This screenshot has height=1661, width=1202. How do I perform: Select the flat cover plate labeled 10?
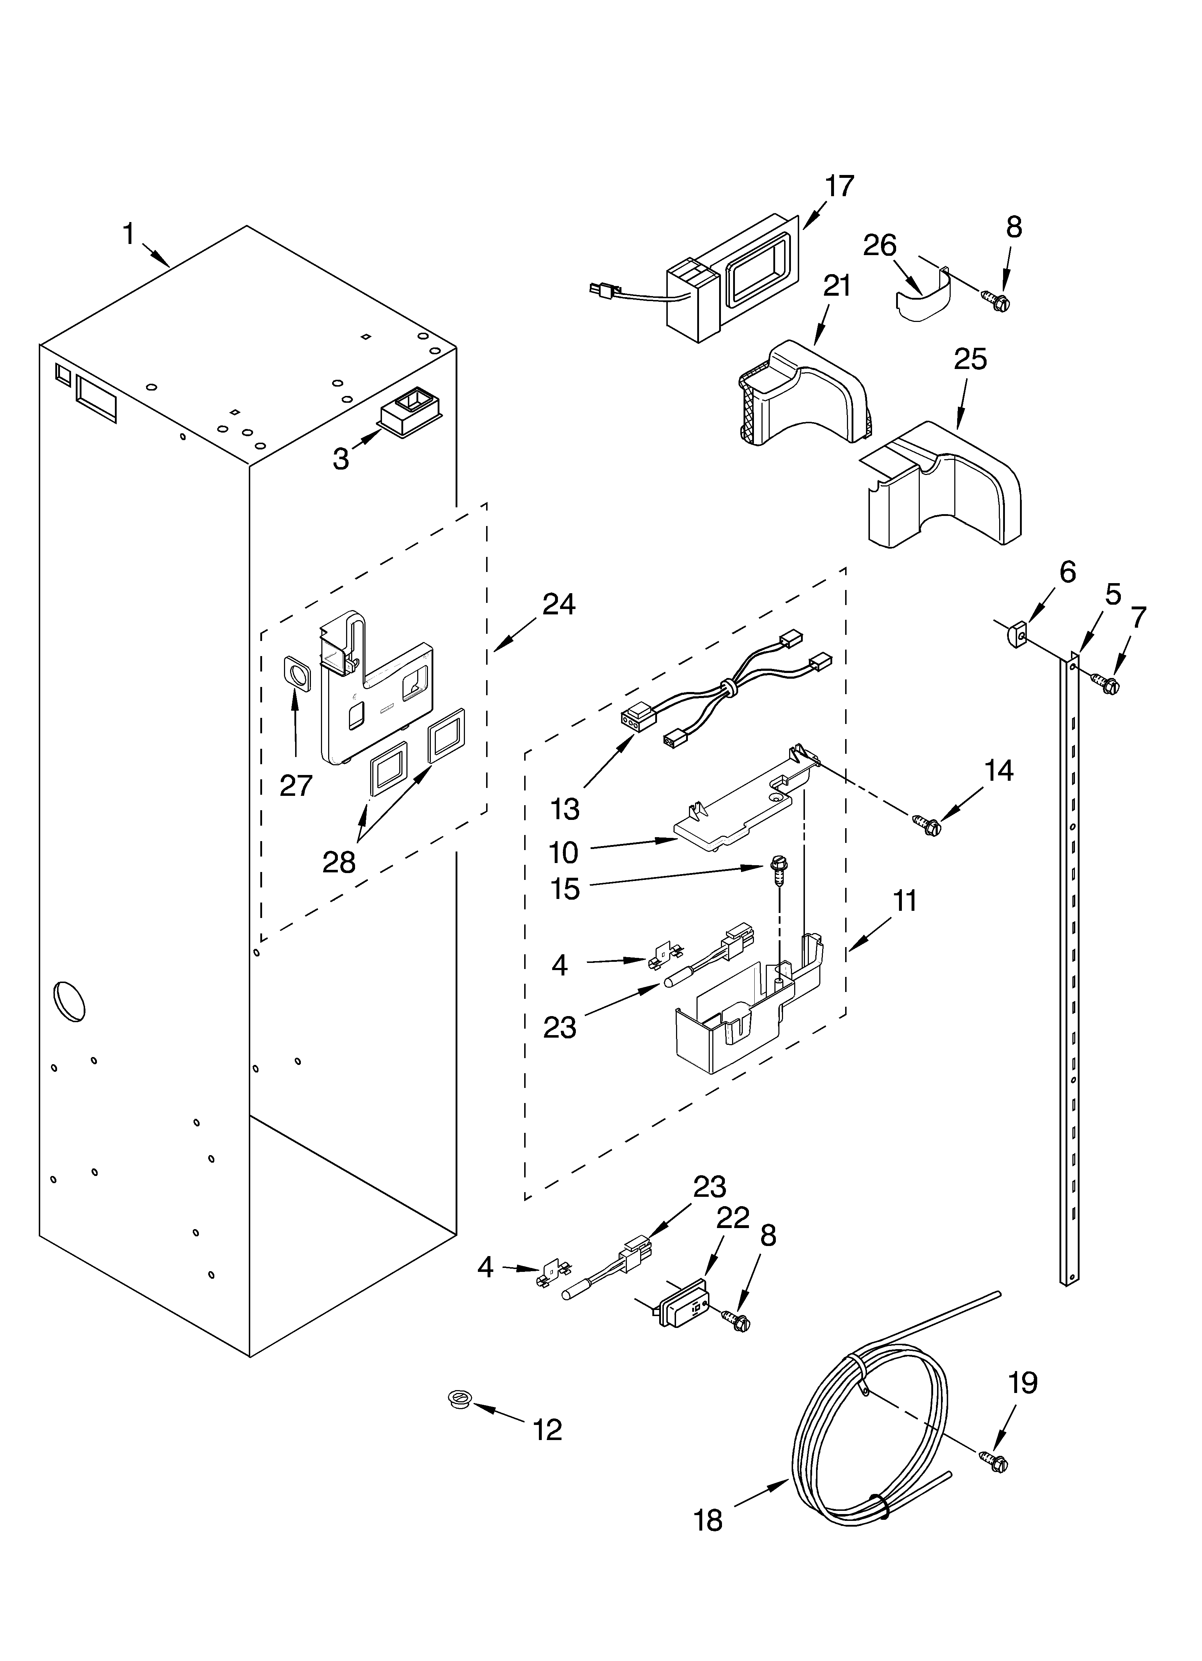point(732,817)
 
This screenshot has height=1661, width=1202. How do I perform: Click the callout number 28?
point(339,862)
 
